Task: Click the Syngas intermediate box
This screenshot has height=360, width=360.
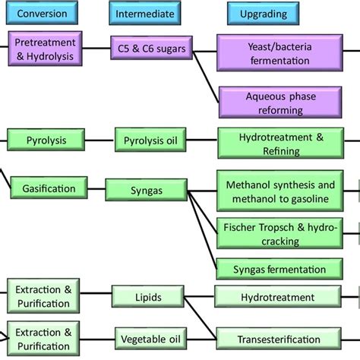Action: pos(147,190)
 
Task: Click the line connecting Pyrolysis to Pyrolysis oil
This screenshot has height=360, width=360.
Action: pos(99,141)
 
